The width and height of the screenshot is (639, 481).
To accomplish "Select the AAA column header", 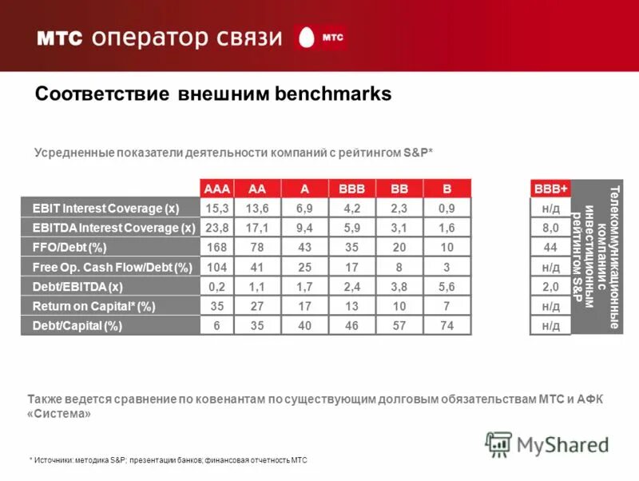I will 217,189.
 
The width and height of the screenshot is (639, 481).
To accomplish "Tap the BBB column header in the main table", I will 351,189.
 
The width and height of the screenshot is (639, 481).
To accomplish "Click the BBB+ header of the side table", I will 551,189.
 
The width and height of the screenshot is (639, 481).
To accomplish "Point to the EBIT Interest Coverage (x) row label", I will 105,209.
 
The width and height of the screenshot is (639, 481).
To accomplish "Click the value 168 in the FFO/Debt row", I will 217,247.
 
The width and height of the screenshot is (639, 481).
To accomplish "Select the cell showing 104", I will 217,267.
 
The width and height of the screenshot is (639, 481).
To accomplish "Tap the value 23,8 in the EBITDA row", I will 217,228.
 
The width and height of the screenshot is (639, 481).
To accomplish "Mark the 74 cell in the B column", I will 447,325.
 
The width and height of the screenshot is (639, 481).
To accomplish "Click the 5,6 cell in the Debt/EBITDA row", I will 447,286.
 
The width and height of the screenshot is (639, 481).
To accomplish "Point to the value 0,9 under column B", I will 447,209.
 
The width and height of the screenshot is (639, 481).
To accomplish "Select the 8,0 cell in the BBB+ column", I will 551,228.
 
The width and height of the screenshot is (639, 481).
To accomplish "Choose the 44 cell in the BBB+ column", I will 551,247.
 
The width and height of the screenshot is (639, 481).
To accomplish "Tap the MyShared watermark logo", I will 547,444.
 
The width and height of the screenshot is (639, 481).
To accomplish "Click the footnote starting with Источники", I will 168,460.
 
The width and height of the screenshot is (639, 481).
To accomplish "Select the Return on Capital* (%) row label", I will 93,306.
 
